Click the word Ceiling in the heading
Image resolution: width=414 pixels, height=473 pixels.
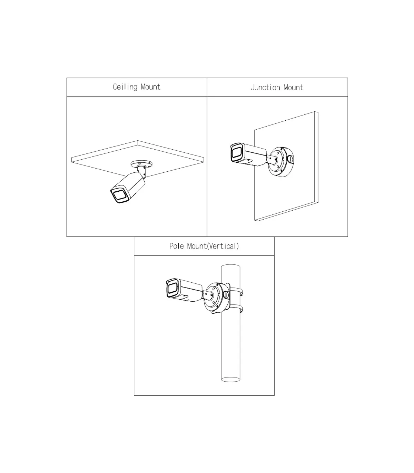(x=125, y=87)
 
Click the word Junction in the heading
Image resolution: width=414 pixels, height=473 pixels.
(x=265, y=88)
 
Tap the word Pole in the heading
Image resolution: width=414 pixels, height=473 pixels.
(x=177, y=246)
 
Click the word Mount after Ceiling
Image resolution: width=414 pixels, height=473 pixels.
(x=150, y=87)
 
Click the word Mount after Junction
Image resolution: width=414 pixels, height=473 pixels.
(x=293, y=88)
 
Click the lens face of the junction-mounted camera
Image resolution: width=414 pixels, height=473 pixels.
(x=237, y=152)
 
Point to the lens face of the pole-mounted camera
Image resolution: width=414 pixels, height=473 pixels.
(x=172, y=288)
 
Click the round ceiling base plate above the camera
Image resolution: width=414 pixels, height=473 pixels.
(x=141, y=164)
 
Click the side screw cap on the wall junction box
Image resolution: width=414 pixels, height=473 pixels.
(x=290, y=159)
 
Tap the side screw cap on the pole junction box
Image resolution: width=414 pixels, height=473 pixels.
(x=226, y=295)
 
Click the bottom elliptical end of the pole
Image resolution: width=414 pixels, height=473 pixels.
(x=230, y=379)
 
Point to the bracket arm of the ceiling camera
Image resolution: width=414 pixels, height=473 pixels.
(x=141, y=171)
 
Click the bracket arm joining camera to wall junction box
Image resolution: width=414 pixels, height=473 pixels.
(x=272, y=160)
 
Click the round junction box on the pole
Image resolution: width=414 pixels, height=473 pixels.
(x=217, y=298)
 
